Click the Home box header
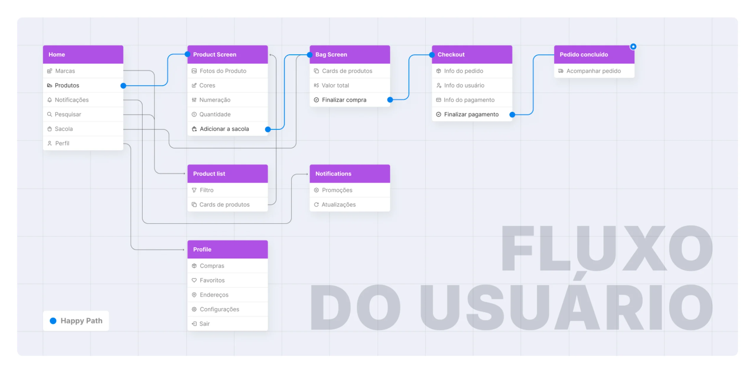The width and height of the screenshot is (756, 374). [83, 55]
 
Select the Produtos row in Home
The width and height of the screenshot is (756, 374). [83, 86]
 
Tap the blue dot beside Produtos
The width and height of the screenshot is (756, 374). [123, 86]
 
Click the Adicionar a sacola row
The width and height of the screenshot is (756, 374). [227, 129]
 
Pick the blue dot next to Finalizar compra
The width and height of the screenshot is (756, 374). [390, 100]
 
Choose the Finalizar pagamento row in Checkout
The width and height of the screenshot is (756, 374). [472, 114]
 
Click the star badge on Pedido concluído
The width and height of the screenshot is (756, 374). [633, 47]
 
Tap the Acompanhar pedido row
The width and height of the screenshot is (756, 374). [594, 71]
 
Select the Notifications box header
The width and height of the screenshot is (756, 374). [350, 174]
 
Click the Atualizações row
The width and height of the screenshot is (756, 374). [350, 205]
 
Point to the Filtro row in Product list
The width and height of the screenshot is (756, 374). [227, 190]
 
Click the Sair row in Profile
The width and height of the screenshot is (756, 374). [227, 324]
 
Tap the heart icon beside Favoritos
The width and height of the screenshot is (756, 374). [194, 280]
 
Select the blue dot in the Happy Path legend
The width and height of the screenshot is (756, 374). [53, 321]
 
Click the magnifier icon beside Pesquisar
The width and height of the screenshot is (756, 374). [50, 114]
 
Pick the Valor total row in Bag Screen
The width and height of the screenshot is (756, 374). [350, 86]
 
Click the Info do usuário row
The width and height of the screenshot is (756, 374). [472, 86]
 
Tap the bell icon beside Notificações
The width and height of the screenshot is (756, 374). [50, 100]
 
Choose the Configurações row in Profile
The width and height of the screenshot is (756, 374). [227, 309]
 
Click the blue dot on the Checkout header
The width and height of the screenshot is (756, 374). [432, 55]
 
